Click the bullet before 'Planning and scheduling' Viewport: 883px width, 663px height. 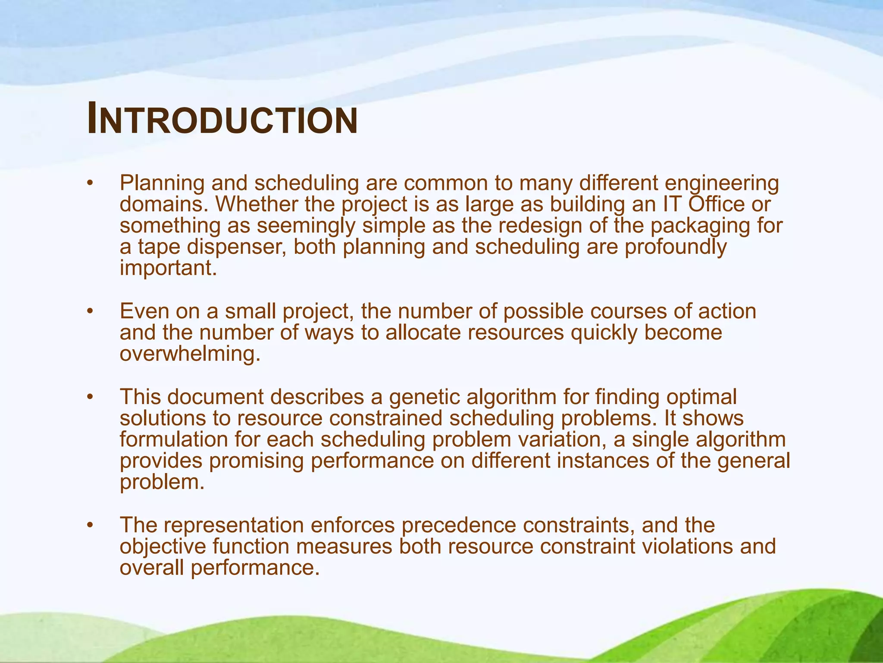point(90,183)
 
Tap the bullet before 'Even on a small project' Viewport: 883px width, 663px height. point(90,312)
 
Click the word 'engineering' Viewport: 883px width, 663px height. point(722,183)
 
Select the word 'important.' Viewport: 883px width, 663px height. point(168,268)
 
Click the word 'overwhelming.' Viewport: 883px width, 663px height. point(190,354)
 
